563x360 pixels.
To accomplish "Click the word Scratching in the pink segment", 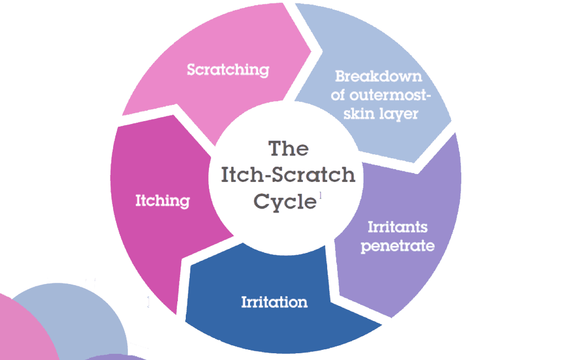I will (228, 70).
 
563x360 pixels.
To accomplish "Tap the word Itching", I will (162, 201).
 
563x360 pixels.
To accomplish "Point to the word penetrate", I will (397, 246).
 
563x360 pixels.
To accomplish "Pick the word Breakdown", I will (378, 76).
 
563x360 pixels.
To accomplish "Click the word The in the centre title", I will (288, 149).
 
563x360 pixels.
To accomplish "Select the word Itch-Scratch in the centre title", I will (288, 175).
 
